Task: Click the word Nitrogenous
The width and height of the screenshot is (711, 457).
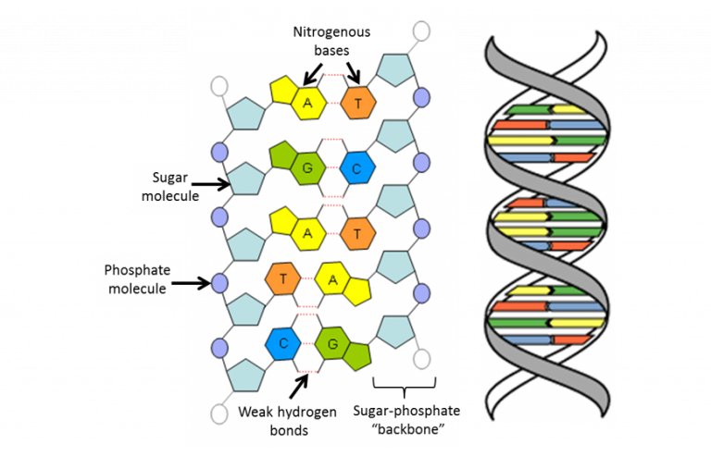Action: point(331,32)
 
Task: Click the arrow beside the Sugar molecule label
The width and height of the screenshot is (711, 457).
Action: point(210,185)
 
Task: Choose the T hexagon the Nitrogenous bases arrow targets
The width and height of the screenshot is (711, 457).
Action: point(357,100)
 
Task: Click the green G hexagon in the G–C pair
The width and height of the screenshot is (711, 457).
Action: point(306,167)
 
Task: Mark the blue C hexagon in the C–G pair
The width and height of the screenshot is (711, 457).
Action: point(357,167)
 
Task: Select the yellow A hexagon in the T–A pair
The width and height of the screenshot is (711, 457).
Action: point(331,278)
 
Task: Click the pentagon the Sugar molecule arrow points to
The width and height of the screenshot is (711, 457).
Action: point(245,178)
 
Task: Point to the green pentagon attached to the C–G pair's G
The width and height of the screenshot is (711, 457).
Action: point(356,354)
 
